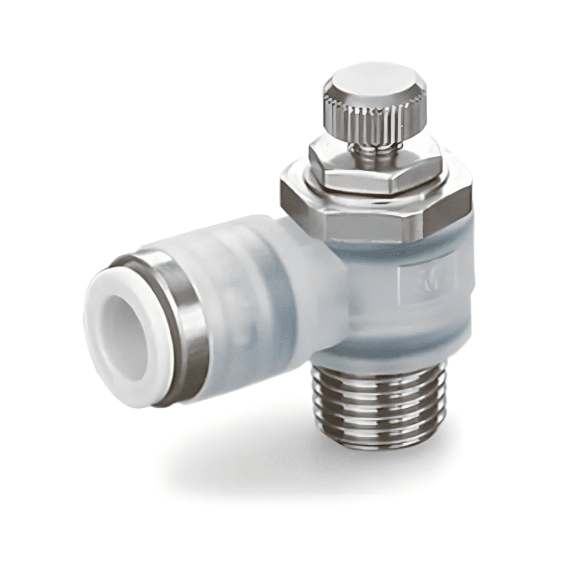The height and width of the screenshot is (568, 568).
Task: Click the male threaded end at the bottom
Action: click(x=377, y=410)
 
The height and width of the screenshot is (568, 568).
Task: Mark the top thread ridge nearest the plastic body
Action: click(x=377, y=374)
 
